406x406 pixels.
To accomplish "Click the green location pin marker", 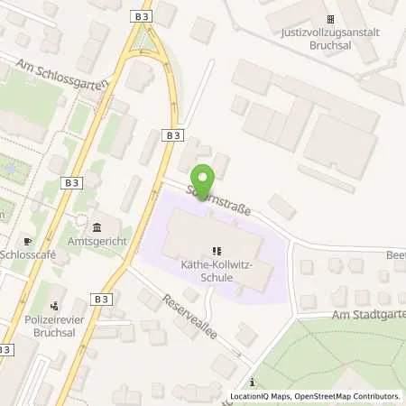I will point(203,183).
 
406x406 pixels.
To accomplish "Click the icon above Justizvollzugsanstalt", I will point(330,18).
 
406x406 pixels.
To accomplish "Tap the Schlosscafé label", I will point(32,255).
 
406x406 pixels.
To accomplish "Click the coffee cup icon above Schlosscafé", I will point(27,241).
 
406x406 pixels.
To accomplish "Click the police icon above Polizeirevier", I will point(56,305).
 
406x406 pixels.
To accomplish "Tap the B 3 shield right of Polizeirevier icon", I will point(101,299).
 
